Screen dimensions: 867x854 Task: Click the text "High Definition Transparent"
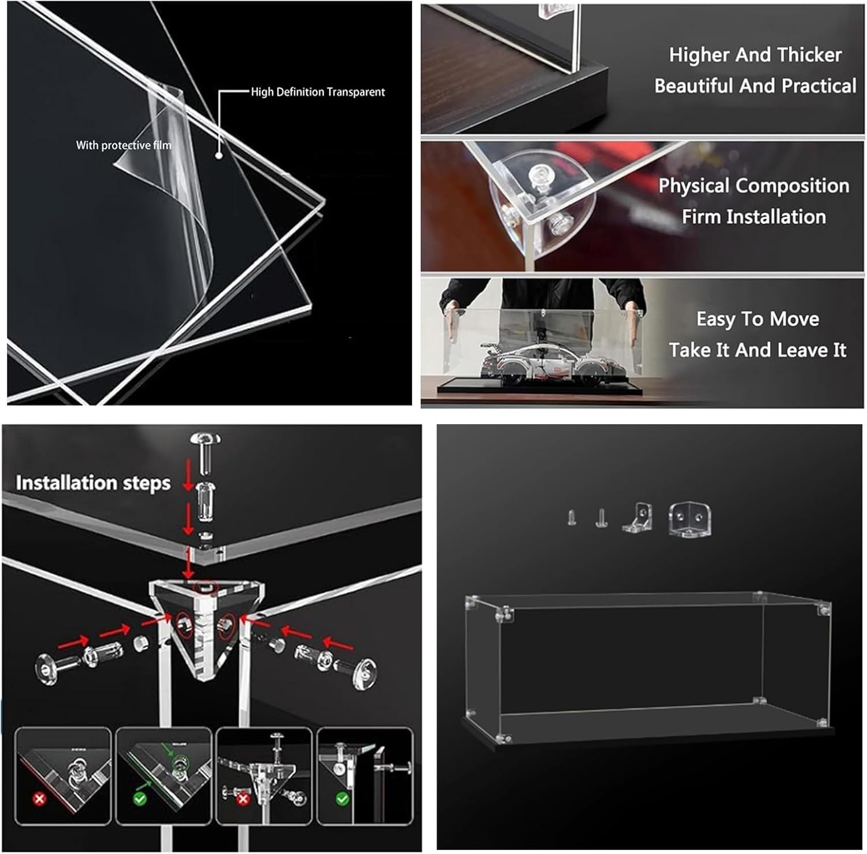pos(317,92)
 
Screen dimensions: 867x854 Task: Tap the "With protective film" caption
pos(124,145)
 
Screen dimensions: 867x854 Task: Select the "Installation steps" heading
pos(93,483)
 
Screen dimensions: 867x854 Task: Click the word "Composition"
pos(793,186)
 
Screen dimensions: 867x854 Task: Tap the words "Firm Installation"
pos(754,217)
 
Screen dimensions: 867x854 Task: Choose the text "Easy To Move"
pos(757,319)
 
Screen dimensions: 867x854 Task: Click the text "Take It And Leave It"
pos(757,350)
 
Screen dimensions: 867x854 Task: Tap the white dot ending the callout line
pos(219,155)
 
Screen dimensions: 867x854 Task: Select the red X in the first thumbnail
pos(39,800)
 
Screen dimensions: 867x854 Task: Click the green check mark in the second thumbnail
pos(139,800)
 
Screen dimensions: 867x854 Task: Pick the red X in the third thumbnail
pos(243,800)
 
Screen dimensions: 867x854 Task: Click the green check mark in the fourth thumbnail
pos(343,800)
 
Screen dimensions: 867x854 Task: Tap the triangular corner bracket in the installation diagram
pos(207,624)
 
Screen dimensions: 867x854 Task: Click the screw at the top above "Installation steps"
pos(205,447)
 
